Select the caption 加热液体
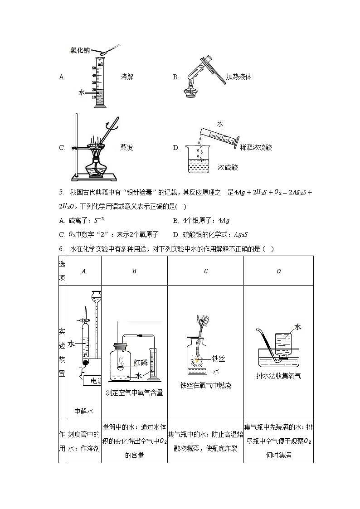coord(238,77)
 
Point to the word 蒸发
coord(127,147)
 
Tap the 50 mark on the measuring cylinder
coord(94,68)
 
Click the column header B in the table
coord(134,271)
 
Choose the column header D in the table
coord(278,271)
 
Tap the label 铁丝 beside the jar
coord(219,359)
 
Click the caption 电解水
coord(83,411)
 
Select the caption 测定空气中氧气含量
coord(134,393)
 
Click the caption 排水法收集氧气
coord(278,375)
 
